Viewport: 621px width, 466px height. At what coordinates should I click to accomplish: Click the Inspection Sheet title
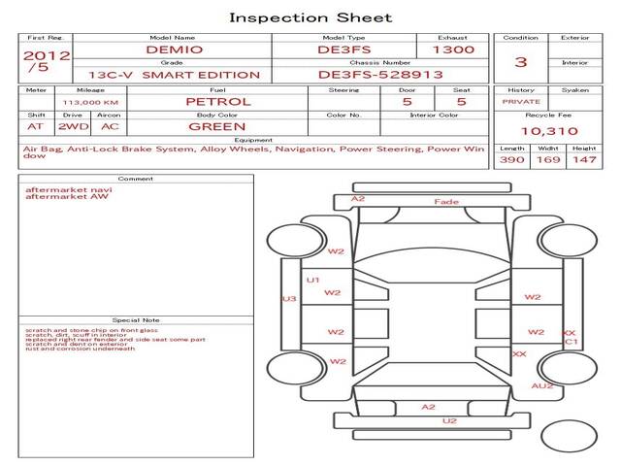pyautogui.click(x=310, y=17)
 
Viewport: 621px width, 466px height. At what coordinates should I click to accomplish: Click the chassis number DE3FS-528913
pyautogui.click(x=380, y=74)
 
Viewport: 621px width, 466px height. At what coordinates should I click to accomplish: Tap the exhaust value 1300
pyautogui.click(x=453, y=50)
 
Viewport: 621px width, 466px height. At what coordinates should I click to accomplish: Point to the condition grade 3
pyautogui.click(x=521, y=62)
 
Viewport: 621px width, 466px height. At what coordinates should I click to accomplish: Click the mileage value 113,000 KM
pyautogui.click(x=90, y=101)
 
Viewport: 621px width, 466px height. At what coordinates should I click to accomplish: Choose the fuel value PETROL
pyautogui.click(x=217, y=101)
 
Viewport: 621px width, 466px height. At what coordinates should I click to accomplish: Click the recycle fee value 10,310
pyautogui.click(x=548, y=131)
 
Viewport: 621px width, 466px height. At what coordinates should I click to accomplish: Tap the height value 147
pyautogui.click(x=584, y=159)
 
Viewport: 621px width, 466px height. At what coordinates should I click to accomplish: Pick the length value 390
pyautogui.click(x=511, y=159)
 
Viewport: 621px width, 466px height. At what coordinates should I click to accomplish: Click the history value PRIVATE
pyautogui.click(x=521, y=101)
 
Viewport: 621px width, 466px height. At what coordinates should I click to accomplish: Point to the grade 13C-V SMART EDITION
pyautogui.click(x=174, y=75)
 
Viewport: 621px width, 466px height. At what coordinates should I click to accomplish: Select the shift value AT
pyautogui.click(x=35, y=126)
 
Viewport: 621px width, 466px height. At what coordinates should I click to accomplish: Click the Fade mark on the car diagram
pyautogui.click(x=446, y=202)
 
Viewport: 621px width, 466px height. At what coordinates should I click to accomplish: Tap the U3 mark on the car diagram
pyautogui.click(x=288, y=299)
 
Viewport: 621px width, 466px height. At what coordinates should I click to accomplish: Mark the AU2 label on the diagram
pyautogui.click(x=542, y=385)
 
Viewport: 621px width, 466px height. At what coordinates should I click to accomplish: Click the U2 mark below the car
pyautogui.click(x=448, y=420)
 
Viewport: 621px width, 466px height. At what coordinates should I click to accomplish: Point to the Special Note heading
pyautogui.click(x=136, y=319)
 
